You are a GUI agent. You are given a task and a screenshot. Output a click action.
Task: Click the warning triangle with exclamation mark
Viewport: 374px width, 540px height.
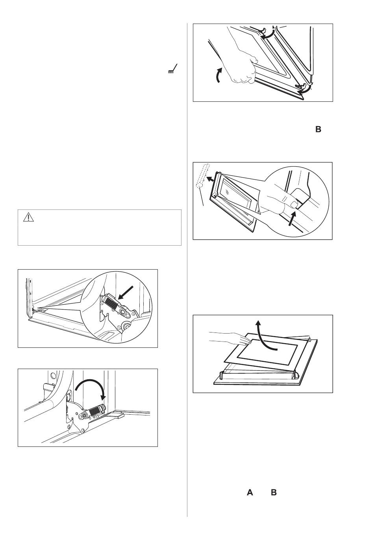28,217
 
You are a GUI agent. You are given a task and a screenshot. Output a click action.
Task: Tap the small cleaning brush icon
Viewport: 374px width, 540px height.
173,69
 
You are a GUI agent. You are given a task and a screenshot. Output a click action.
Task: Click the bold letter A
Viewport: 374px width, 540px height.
250,492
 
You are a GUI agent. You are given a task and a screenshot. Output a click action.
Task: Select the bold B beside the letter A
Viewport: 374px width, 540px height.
274,492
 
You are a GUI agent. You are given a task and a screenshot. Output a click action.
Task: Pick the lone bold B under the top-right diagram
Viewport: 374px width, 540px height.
318,129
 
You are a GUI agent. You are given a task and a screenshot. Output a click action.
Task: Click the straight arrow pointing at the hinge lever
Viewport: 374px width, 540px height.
125,293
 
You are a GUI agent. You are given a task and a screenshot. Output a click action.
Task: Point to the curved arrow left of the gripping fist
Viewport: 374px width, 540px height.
218,75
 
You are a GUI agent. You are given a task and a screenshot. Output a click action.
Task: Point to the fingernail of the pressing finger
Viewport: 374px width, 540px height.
294,205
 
